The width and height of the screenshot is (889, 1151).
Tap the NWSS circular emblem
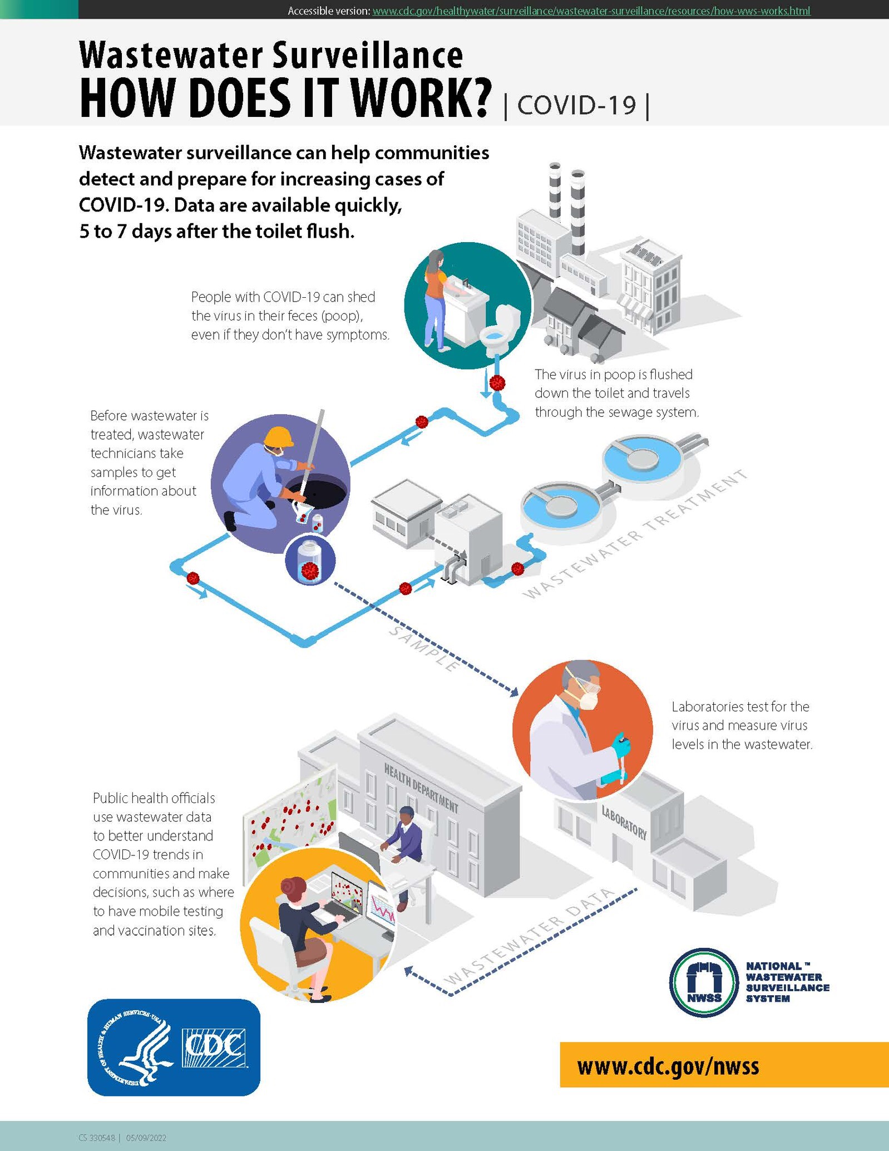click(704, 983)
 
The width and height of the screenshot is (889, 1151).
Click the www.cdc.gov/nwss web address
click(668, 1066)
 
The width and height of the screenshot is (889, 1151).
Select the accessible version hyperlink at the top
click(591, 11)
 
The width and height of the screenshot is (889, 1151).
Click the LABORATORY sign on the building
click(624, 823)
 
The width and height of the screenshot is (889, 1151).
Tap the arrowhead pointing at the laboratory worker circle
click(513, 692)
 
